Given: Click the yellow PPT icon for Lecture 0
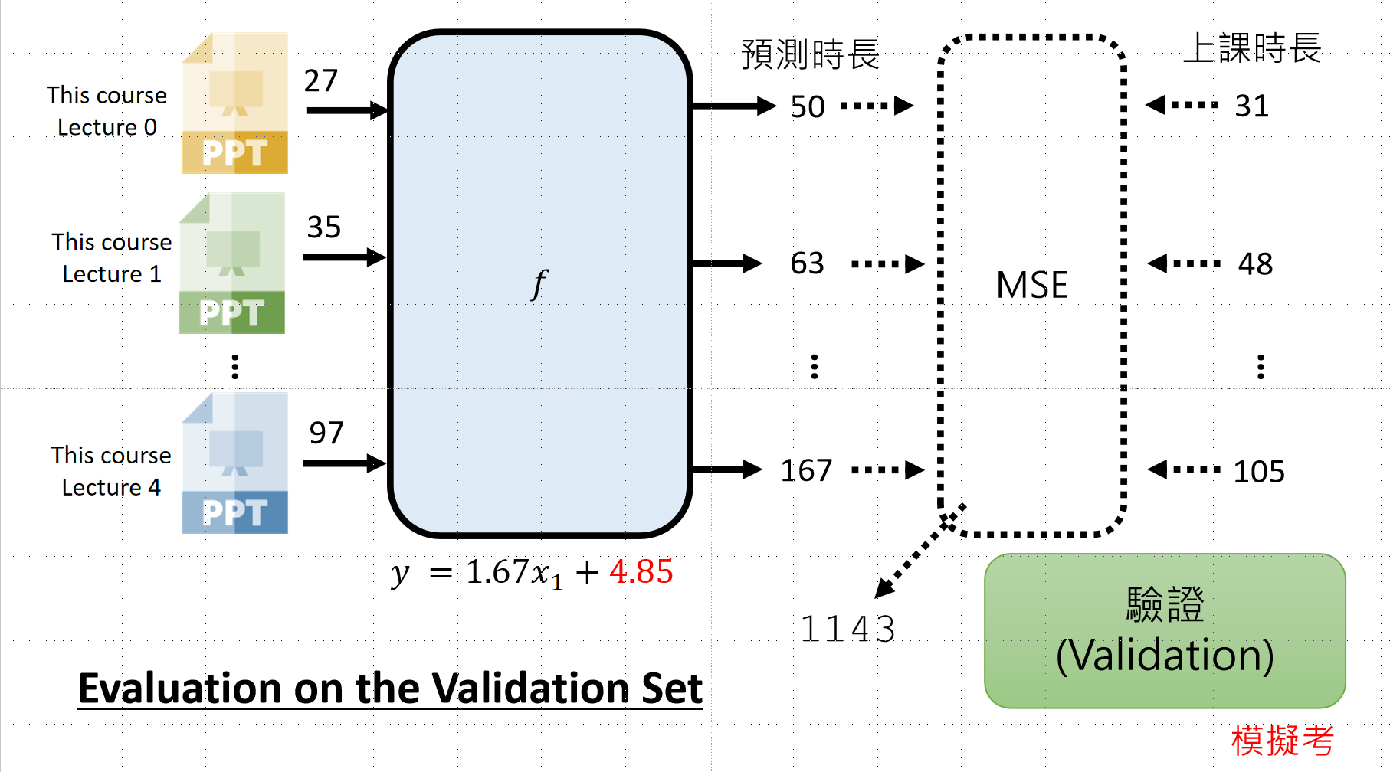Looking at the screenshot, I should (234, 103).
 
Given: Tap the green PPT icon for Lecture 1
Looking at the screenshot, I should (232, 263).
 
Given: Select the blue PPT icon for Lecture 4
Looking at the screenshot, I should (234, 463).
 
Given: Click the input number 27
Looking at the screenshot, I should (321, 80).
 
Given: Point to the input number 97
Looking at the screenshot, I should (326, 433).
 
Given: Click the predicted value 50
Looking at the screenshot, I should (808, 107).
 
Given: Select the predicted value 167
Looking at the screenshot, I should (806, 470).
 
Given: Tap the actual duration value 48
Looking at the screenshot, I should (1255, 264).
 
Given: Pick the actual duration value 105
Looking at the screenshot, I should (1259, 472).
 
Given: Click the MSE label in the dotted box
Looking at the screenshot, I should (1031, 286).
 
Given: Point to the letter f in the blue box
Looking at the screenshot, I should (539, 284).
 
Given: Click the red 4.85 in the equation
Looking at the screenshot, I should (641, 572).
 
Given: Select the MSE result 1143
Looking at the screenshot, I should (847, 630).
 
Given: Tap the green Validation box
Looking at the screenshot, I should (1165, 630).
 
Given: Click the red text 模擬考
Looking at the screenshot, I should (1282, 741).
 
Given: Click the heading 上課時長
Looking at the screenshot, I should (1252, 49).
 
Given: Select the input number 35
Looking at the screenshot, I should (323, 227).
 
